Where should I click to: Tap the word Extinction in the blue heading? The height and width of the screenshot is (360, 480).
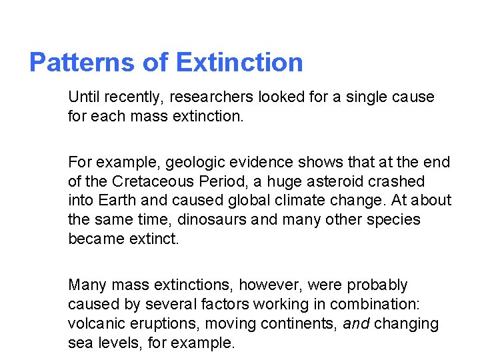pyautogui.click(x=240, y=63)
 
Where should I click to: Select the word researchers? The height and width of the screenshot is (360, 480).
pyautogui.click(x=211, y=97)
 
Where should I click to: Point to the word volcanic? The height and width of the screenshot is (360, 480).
pyautogui.click(x=95, y=324)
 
